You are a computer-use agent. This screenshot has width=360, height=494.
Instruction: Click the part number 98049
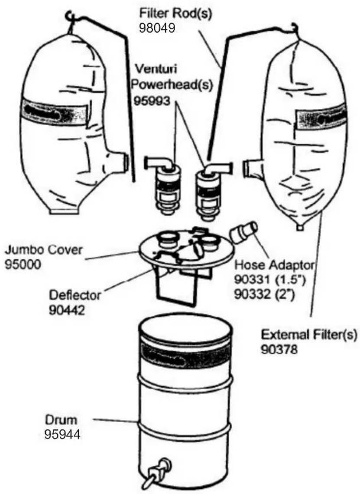coord(156,28)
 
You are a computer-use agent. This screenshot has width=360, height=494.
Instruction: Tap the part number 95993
coord(152,101)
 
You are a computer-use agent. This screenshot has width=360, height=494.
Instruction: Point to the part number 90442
coord(67,310)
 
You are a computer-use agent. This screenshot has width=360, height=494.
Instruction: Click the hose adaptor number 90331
coord(253,279)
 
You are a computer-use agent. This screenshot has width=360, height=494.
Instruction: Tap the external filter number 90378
coord(279,349)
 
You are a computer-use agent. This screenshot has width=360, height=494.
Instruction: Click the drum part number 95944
coord(62,435)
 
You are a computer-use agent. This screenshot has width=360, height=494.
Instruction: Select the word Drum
coord(61,420)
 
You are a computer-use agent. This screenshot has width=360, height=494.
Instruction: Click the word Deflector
coord(75,296)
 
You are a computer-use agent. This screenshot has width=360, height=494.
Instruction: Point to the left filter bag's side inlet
coord(121,161)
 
